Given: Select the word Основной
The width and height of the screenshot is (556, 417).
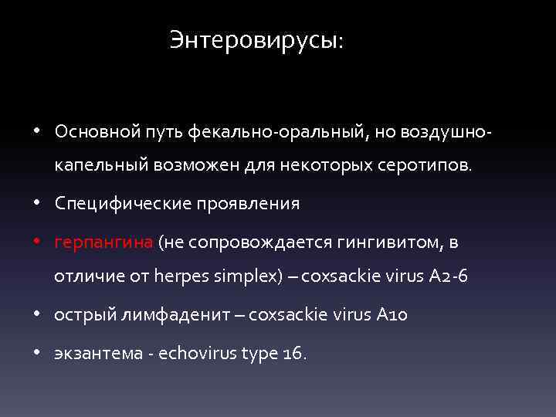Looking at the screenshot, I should (93, 131).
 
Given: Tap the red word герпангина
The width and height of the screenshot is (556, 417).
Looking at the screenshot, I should (103, 242).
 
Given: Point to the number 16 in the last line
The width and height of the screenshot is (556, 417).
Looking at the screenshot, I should (293, 353).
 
